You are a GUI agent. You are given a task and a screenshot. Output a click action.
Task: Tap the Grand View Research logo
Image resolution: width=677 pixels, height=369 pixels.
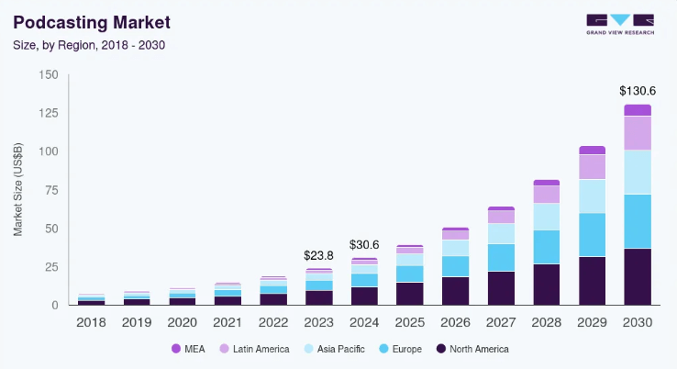tap(619, 24)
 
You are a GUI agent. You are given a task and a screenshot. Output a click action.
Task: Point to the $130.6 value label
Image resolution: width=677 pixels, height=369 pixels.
tap(638, 91)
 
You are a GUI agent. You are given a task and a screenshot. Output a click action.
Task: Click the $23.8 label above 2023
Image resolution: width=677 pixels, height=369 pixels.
tap(318, 255)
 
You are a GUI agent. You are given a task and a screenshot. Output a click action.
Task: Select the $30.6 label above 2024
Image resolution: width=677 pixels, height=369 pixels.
tap(364, 245)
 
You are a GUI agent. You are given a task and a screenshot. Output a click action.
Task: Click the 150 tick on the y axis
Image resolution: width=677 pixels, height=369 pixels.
tap(49, 74)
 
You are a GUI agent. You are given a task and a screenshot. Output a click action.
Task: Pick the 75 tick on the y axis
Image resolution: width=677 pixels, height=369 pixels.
tap(51, 190)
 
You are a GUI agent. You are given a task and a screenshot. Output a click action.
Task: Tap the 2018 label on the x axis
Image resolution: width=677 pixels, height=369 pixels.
tap(92, 323)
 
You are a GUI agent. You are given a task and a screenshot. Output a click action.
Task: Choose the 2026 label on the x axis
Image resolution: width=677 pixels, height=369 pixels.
tap(455, 323)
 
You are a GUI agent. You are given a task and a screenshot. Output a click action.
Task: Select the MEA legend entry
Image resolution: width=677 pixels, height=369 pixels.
tap(189, 349)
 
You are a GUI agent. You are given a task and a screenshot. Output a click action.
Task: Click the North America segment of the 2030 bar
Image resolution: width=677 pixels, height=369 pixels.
tap(638, 276)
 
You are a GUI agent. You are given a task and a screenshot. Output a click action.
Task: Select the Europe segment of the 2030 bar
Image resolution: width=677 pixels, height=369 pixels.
tap(638, 221)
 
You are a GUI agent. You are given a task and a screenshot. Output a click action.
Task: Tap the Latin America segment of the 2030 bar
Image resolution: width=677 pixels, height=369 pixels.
tap(638, 133)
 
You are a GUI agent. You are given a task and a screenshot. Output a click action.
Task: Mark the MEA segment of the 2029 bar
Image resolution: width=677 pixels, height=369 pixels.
tap(592, 150)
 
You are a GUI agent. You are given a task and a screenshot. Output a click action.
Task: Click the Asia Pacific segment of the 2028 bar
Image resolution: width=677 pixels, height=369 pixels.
tap(547, 216)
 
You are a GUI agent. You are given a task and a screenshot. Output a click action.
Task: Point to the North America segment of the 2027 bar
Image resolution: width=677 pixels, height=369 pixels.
tap(501, 287)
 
